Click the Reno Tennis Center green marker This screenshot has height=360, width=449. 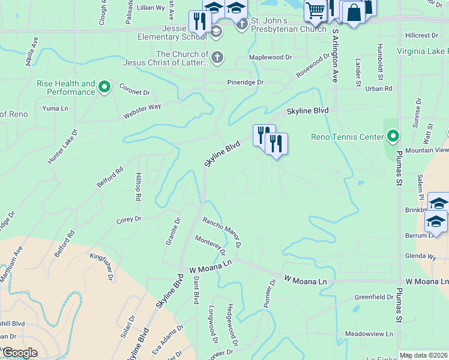point(393,137)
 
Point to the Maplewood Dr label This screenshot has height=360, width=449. point(271,58)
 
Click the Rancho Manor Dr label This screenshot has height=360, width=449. point(221,232)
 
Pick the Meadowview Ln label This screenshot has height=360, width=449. point(369,334)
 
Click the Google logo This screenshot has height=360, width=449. point(20,353)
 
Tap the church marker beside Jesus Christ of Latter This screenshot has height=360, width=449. point(217,58)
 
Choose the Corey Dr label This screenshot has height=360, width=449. point(129,220)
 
